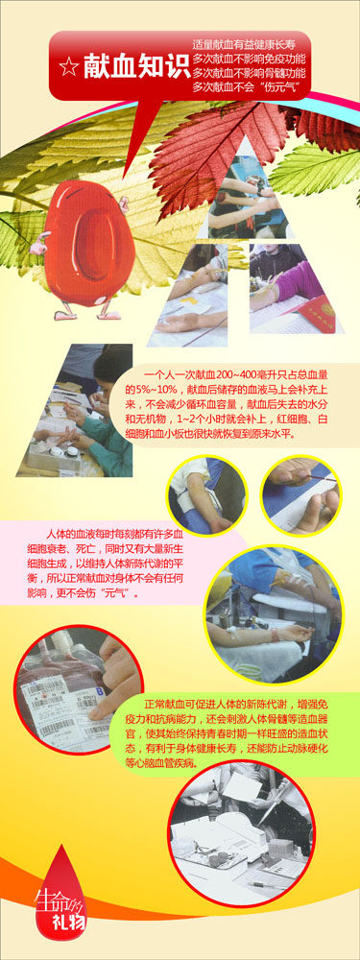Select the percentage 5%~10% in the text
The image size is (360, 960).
coord(148,390)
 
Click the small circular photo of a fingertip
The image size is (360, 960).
coord(301,494)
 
